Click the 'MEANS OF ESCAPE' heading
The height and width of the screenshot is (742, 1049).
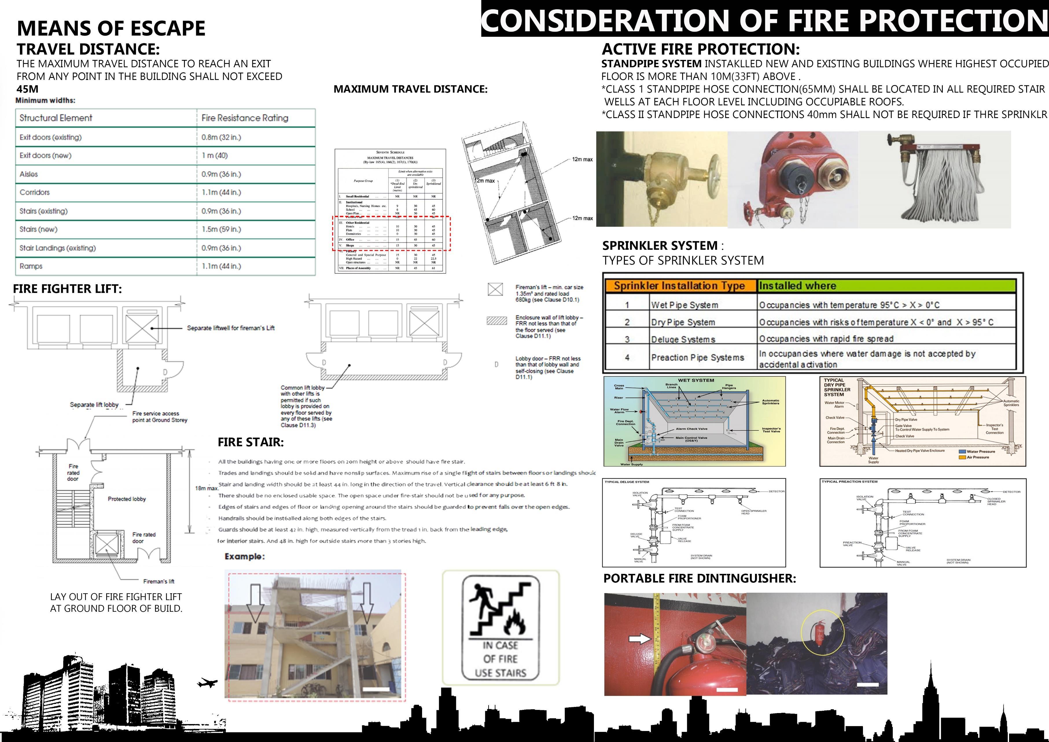pyautogui.click(x=111, y=28)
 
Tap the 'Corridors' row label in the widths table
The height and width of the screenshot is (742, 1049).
pyautogui.click(x=35, y=192)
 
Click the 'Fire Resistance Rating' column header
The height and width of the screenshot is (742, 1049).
pyautogui.click(x=245, y=118)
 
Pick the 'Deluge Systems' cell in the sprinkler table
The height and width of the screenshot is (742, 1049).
pyautogui.click(x=683, y=339)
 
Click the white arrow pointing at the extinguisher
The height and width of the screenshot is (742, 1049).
pyautogui.click(x=640, y=638)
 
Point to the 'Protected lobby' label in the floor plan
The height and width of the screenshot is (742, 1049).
pyautogui.click(x=126, y=499)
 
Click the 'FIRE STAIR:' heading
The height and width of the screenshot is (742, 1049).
pyautogui.click(x=250, y=442)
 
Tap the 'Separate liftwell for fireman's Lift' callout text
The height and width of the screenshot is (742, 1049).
pyautogui.click(x=231, y=328)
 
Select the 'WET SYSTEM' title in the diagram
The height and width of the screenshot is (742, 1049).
pyautogui.click(x=696, y=380)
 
